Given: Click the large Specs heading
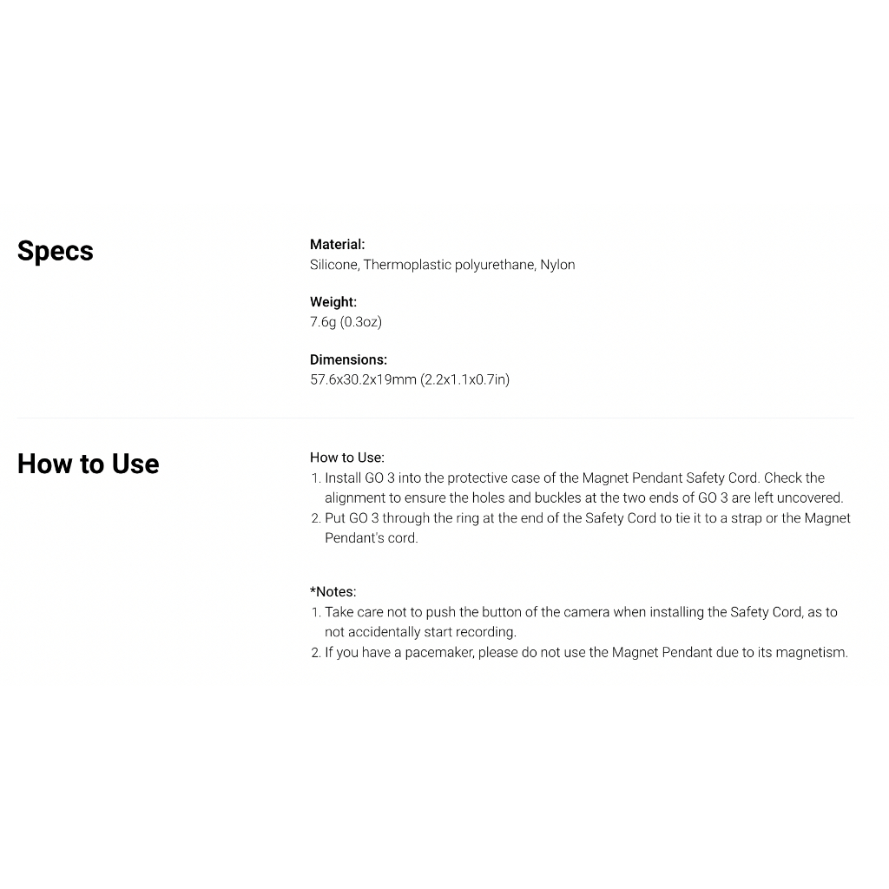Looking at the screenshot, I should point(55,251).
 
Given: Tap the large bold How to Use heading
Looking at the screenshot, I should point(88,464).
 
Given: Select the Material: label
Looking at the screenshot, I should point(337,245).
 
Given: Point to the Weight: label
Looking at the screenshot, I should point(333,302).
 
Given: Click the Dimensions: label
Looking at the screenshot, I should point(348,359).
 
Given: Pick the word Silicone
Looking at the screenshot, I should point(333,265).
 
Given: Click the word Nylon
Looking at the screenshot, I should point(557,265).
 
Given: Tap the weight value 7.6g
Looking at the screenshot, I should point(323,322).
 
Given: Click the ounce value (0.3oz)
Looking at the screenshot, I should point(360,322).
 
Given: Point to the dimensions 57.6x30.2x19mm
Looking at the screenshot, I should point(363,379).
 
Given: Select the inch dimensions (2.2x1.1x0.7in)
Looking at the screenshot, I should point(465,379).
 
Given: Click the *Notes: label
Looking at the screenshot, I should point(333,592).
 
